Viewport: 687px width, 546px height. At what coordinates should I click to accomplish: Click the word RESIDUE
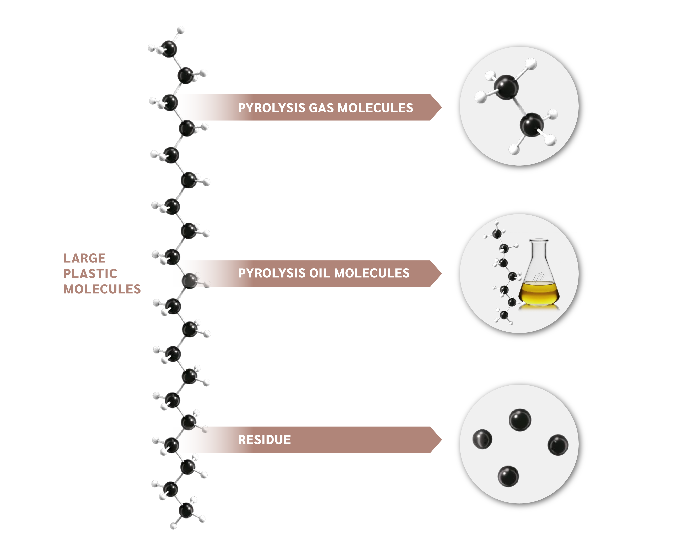point(264,440)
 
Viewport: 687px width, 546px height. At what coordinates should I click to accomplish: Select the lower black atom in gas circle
point(532,125)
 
